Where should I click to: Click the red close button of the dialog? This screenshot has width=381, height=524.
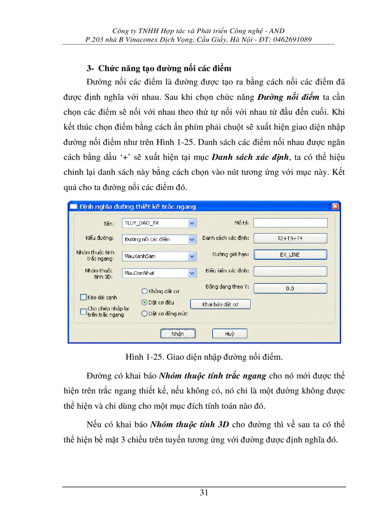tap(335, 207)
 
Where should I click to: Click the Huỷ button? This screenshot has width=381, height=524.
tap(229, 334)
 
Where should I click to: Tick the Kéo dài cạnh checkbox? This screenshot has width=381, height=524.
tap(84, 297)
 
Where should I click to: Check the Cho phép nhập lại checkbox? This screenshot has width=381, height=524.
tap(84, 311)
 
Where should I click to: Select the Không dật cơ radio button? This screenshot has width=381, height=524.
tap(144, 291)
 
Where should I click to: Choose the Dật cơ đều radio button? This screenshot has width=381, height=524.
tap(144, 302)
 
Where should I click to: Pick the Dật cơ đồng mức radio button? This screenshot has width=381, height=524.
tap(144, 314)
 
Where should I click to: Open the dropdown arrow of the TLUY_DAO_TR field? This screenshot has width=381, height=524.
tap(191, 224)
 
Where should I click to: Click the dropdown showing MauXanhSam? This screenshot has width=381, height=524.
tap(159, 256)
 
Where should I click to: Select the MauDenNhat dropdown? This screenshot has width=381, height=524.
tap(159, 272)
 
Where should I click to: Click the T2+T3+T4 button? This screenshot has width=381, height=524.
tap(289, 238)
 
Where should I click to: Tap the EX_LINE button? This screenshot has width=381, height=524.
tap(289, 255)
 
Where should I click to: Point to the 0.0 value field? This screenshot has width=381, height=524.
tap(289, 288)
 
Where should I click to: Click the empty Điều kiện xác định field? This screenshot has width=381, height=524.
tap(289, 271)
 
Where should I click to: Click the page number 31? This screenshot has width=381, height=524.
tap(204, 493)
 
